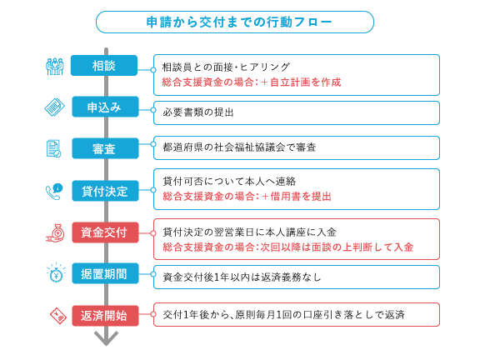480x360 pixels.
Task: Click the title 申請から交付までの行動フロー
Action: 239,22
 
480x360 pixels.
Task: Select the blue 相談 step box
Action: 104,66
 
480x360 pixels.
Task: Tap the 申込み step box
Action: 105,107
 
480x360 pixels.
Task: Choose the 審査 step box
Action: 105,148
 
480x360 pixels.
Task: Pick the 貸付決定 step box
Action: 105,191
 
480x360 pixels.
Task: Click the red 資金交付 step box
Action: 105,232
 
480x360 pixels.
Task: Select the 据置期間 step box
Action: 105,273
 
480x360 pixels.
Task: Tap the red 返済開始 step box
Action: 105,316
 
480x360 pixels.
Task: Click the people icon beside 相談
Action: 55,66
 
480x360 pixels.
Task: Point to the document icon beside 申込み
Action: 54,107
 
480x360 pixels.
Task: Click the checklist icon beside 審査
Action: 53,149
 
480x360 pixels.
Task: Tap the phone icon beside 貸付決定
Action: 54,192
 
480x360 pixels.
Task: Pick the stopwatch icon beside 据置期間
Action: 56,272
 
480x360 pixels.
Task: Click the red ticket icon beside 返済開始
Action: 58,316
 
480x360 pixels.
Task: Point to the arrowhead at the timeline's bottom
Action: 106,338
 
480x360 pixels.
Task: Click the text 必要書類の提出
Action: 198,112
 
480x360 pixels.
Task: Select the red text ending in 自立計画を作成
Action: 252,82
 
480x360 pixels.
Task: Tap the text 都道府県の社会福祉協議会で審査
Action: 239,147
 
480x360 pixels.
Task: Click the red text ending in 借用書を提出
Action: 247,196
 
